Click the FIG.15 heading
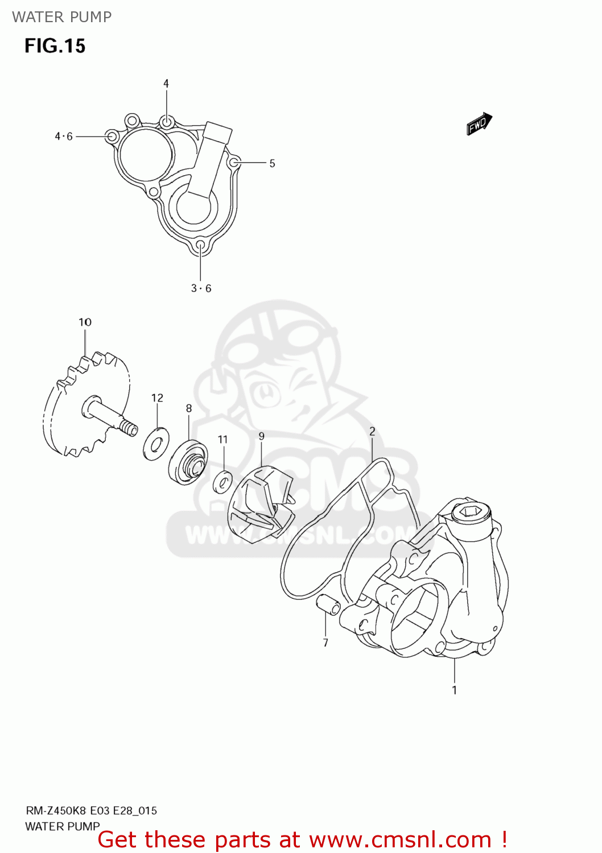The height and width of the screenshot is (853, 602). click(x=55, y=46)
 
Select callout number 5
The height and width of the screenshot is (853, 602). click(x=272, y=164)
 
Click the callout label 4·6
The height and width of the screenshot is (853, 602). click(x=64, y=136)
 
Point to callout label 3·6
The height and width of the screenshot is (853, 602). click(x=201, y=288)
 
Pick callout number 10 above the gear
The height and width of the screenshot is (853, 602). click(x=85, y=322)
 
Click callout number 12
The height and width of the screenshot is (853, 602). click(x=157, y=398)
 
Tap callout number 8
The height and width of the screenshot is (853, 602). click(x=189, y=408)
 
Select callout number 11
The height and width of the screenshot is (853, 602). click(x=222, y=440)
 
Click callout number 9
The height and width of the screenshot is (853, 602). click(x=261, y=437)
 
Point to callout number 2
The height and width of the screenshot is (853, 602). click(x=372, y=432)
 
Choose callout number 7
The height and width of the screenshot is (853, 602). click(x=325, y=643)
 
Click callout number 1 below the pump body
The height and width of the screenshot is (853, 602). click(x=454, y=690)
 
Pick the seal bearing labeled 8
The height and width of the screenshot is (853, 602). click(x=188, y=461)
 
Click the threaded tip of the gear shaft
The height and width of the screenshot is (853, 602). click(x=130, y=428)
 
